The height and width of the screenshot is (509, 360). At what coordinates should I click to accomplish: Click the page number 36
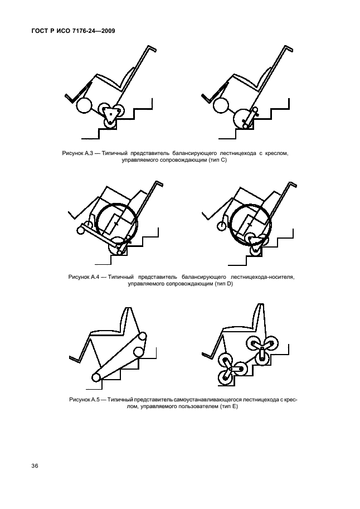pyautogui.click(x=35, y=466)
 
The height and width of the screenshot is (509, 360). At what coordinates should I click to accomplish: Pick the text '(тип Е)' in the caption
pyautogui.click(x=228, y=406)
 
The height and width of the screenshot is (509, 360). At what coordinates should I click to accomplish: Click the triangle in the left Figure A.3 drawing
pyautogui.click(x=110, y=114)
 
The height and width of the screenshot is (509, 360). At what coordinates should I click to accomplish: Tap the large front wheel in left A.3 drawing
pyautogui.click(x=84, y=106)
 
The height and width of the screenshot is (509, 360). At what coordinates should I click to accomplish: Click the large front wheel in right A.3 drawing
pyautogui.click(x=221, y=106)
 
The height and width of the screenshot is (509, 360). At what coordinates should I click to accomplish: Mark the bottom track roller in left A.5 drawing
pyautogui.click(x=96, y=377)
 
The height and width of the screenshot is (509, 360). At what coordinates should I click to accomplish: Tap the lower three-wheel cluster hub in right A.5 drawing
pyautogui.click(x=230, y=370)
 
